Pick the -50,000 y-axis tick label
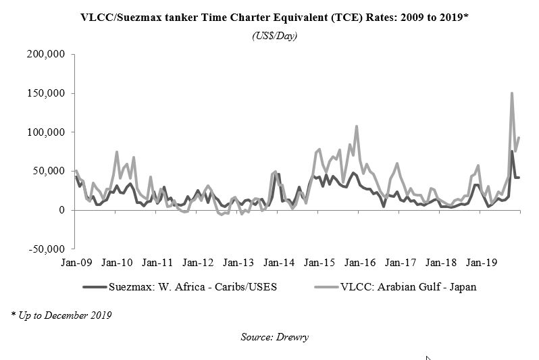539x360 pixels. click(x=47, y=249)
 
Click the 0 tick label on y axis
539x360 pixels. click(x=61, y=210)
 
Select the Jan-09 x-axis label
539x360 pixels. click(x=76, y=261)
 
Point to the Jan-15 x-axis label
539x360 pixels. click(x=319, y=261)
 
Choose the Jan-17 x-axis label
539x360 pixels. click(x=401, y=261)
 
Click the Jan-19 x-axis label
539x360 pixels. click(x=482, y=261)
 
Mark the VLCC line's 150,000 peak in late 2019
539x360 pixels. click(x=512, y=93)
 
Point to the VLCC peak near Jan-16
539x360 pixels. click(x=357, y=126)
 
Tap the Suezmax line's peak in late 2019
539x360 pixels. click(x=512, y=151)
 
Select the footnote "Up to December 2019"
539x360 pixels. click(x=62, y=315)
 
